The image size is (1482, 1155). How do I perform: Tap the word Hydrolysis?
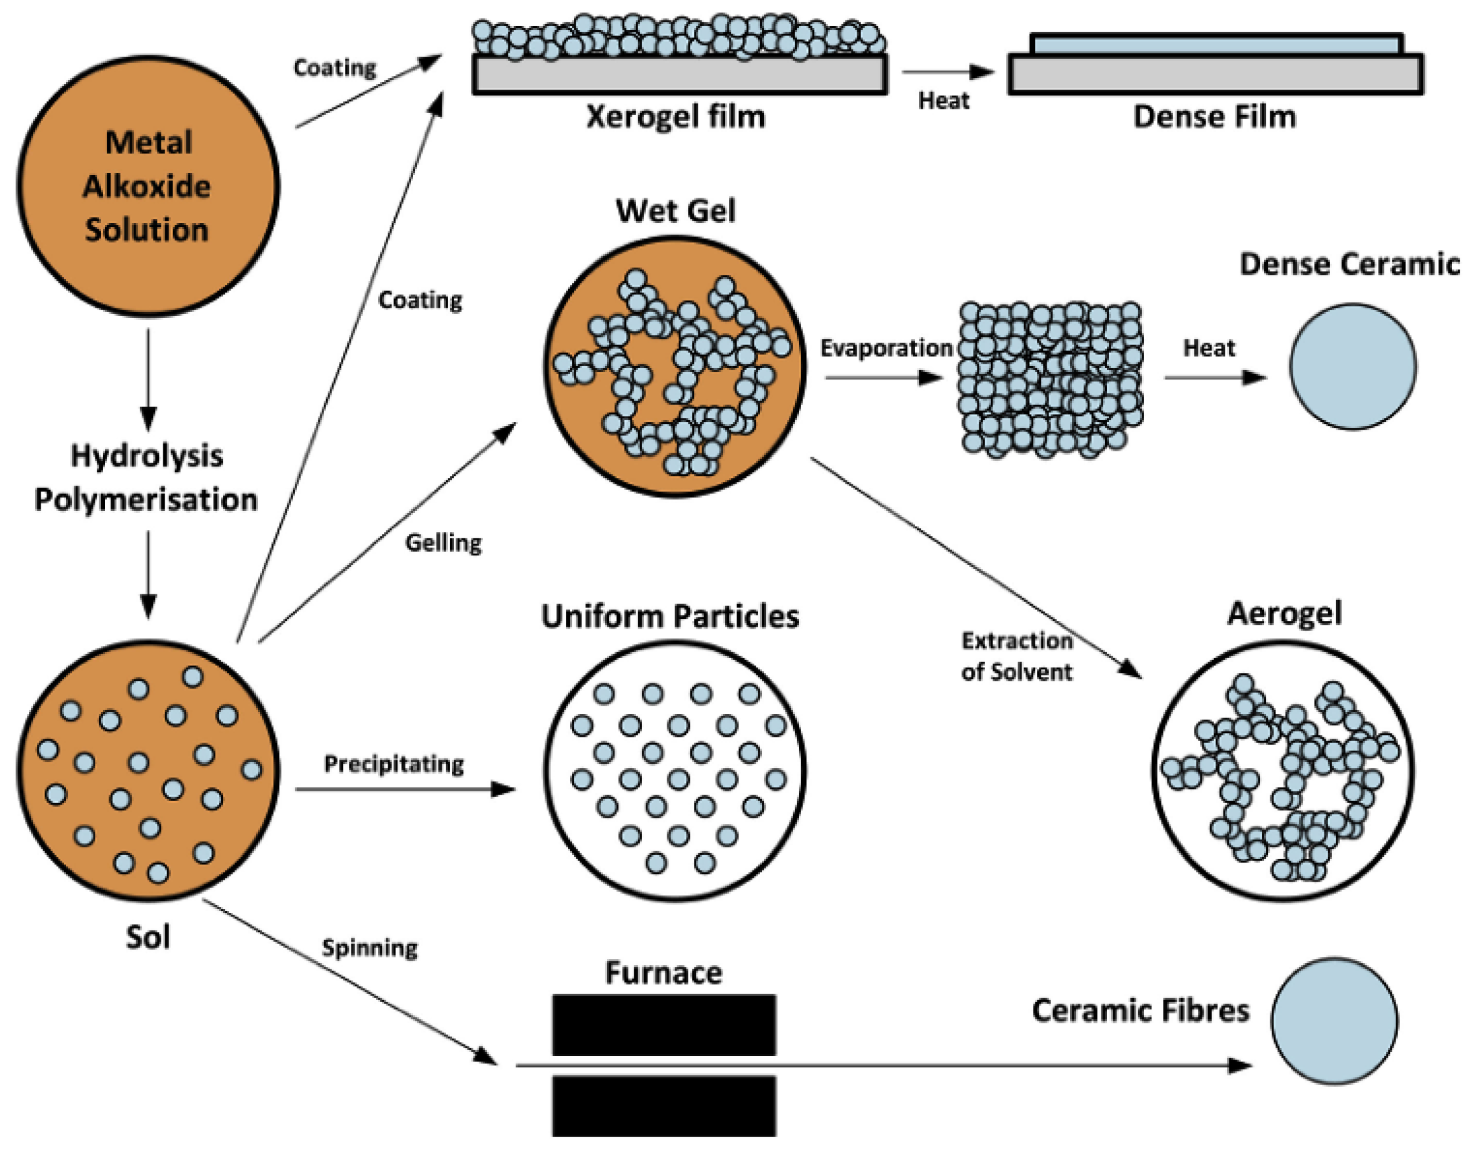coord(147,456)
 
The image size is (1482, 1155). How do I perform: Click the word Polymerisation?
coord(146,500)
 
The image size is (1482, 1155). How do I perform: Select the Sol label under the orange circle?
coord(147,937)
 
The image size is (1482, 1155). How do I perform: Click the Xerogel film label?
coord(675,117)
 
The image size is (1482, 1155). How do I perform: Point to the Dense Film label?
coord(1214,117)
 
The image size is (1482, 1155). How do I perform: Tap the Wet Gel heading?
coord(675,211)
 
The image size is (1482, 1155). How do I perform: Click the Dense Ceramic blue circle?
coord(1352,366)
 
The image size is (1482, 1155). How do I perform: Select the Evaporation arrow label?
coord(887,348)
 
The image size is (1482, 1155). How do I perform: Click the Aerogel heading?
coord(1284,613)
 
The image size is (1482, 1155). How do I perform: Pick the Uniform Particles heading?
coord(670,617)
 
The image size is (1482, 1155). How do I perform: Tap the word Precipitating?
coord(393,764)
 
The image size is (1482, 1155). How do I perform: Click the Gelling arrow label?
coord(443,543)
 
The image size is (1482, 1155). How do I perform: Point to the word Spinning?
coord(369,947)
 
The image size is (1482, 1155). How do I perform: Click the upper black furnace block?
coord(663,1025)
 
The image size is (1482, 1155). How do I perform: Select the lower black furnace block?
coord(663,1105)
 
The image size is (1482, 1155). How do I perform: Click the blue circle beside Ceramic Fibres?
coord(1334,1022)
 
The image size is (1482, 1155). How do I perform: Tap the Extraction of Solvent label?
coord(1017,656)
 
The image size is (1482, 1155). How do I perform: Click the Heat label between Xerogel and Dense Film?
coord(943,101)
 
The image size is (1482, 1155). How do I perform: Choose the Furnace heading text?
coord(663,973)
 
